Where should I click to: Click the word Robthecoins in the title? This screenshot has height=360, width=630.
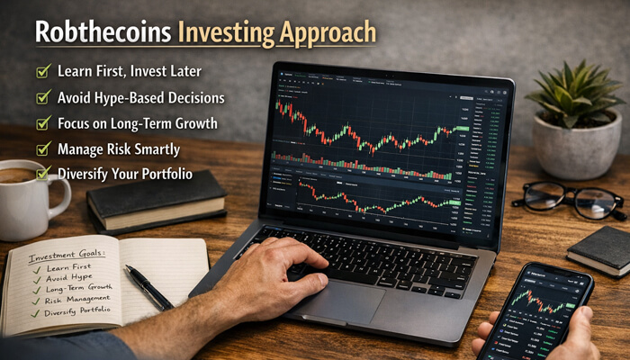[x=101, y=32]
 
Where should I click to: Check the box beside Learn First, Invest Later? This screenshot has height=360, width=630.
[x=42, y=69]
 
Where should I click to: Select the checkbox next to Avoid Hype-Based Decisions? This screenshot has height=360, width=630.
[x=42, y=95]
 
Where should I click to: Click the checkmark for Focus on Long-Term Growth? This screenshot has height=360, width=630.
[x=42, y=121]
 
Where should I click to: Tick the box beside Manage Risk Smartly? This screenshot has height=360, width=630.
[x=42, y=148]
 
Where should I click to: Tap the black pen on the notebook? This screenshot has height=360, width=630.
[x=148, y=287]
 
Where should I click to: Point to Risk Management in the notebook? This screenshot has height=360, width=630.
[x=71, y=298]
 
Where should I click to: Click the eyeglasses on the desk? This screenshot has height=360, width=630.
[x=569, y=200]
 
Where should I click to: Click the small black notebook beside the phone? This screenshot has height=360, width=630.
[x=601, y=249]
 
